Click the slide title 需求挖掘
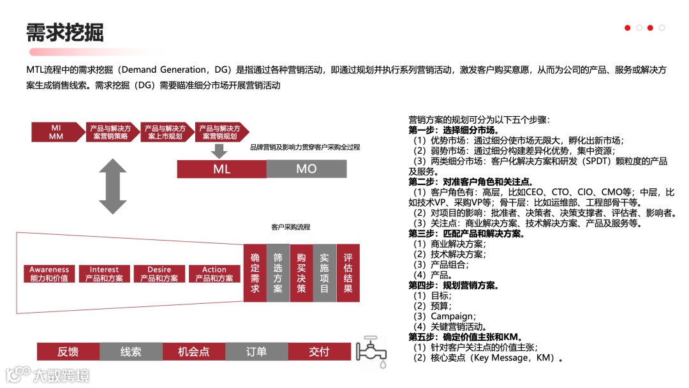tap(64, 32)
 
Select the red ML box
tap(221, 168)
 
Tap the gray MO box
tap(306, 168)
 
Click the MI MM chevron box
tap(56, 132)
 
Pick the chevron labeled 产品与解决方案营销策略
tap(110, 132)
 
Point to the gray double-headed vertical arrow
tap(112, 186)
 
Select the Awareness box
tap(49, 274)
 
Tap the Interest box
tap(104, 274)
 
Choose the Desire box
tap(159, 274)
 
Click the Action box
tap(214, 274)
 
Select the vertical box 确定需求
tap(255, 272)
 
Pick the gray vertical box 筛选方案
tap(278, 272)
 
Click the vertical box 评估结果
tap(348, 272)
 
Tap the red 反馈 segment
tap(68, 352)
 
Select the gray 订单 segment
tap(256, 352)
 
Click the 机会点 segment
tap(194, 352)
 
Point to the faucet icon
tap(372, 351)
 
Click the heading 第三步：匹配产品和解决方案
tap(466, 234)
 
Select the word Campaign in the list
tap(452, 317)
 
